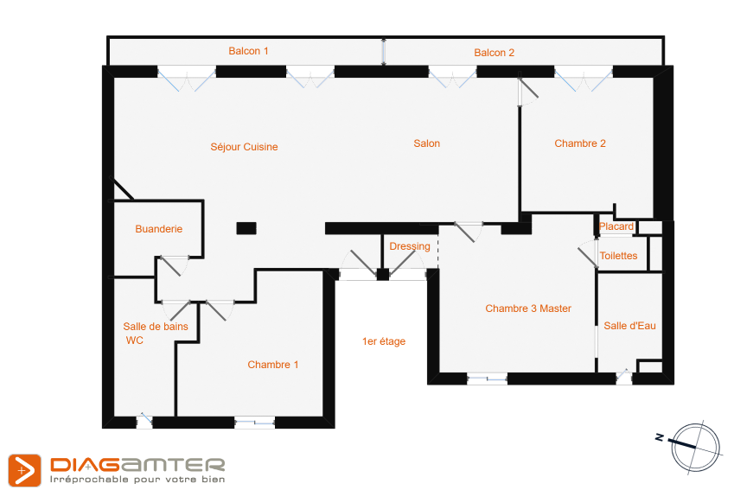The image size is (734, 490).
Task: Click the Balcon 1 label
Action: (x=248, y=51)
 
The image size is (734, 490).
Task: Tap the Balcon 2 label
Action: (x=494, y=53)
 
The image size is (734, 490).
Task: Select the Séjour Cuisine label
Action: (x=244, y=147)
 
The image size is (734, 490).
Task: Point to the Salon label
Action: (x=426, y=143)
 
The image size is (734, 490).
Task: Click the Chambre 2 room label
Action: (x=580, y=143)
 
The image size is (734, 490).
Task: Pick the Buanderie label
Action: (x=159, y=229)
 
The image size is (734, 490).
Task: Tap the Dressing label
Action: (x=410, y=246)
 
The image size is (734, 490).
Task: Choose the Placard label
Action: (x=616, y=226)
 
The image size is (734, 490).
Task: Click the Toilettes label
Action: (x=618, y=256)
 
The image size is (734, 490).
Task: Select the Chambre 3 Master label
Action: (x=528, y=309)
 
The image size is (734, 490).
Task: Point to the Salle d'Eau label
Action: (x=629, y=326)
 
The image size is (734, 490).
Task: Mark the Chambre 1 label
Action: (x=273, y=365)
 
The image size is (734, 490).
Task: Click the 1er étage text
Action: (x=384, y=341)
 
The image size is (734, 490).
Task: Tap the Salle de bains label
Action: (x=156, y=326)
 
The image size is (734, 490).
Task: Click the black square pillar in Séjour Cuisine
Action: (x=246, y=228)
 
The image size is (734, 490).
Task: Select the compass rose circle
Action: (x=695, y=448)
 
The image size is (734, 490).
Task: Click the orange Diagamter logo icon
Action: (x=24, y=470)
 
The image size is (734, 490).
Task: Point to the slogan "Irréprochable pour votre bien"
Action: (x=137, y=480)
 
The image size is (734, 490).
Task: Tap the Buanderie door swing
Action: (x=173, y=266)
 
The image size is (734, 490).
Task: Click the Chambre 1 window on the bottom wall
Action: (x=254, y=423)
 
